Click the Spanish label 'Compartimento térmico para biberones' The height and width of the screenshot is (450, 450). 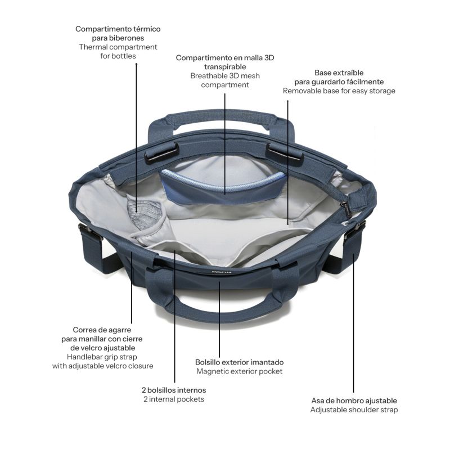click(118, 33)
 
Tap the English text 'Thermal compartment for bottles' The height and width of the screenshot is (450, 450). click(118, 51)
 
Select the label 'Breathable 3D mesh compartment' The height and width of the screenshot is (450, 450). click(225, 80)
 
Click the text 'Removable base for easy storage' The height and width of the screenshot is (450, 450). click(339, 91)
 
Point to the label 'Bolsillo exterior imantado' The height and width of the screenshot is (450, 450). click(240, 362)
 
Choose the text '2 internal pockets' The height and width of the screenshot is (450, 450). click(174, 399)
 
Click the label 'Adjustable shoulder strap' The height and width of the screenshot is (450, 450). click(354, 410)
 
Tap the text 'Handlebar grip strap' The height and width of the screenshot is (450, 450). click(102, 357)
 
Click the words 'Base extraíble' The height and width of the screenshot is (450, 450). click(339, 73)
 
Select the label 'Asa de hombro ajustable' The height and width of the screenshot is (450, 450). click(354, 400)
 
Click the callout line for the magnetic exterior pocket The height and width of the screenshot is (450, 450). click(219, 319)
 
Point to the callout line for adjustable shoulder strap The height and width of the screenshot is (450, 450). click(353, 323)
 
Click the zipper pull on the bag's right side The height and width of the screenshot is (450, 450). click(345, 209)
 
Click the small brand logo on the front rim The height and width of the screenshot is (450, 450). click(220, 271)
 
